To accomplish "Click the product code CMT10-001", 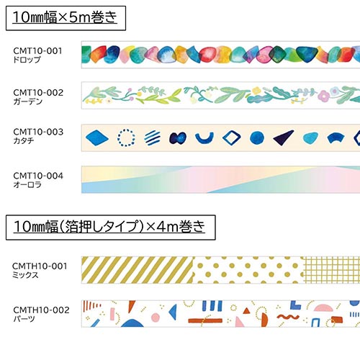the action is (x=37, y=51).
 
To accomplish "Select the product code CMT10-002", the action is (x=38, y=93).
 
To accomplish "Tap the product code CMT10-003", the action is (x=38, y=132).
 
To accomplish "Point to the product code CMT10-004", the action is (x=38, y=176).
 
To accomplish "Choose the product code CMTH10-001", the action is (x=40, y=266).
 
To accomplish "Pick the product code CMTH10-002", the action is (x=41, y=310).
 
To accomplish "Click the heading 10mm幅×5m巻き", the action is (x=65, y=17).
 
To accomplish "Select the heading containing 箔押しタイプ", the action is (x=109, y=227).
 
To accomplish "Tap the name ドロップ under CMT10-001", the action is (x=27, y=60).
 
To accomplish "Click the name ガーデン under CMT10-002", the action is (x=28, y=102).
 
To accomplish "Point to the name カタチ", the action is (x=24, y=140).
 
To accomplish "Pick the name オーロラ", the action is (x=27, y=184).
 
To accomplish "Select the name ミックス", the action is (x=25, y=275).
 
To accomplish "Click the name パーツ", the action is (x=24, y=319).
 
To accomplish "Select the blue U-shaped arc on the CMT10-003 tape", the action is (x=204, y=141).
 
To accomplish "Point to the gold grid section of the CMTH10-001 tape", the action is (x=331, y=270).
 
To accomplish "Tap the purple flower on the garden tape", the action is (x=324, y=96).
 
